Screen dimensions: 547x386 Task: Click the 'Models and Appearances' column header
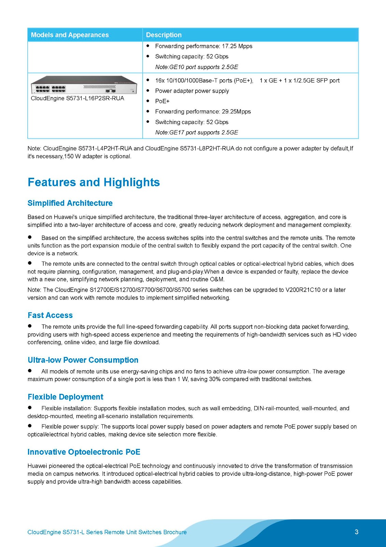click(70, 35)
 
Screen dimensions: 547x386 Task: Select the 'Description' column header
click(163, 35)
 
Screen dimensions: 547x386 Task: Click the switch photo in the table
click(84, 85)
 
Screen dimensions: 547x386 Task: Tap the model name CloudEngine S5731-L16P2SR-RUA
click(77, 98)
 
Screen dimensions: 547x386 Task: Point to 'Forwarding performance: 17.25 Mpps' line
click(203, 46)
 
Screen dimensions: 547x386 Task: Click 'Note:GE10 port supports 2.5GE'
click(196, 67)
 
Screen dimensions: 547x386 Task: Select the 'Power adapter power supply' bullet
click(192, 91)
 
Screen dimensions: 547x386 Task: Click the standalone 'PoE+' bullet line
click(162, 101)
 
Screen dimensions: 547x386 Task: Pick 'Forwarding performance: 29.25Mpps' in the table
click(203, 111)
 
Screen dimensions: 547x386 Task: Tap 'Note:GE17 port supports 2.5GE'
click(196, 132)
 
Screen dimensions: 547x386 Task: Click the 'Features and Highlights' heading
click(94, 182)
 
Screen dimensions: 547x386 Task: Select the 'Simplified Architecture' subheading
click(70, 203)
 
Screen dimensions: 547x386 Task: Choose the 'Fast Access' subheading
click(50, 315)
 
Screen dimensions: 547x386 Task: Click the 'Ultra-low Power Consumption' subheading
click(83, 360)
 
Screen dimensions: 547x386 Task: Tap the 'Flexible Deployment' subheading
click(65, 397)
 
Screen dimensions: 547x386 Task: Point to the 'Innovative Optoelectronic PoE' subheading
click(84, 452)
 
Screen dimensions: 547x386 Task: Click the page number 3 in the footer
click(356, 532)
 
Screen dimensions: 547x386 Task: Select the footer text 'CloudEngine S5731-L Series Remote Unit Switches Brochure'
click(107, 532)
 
